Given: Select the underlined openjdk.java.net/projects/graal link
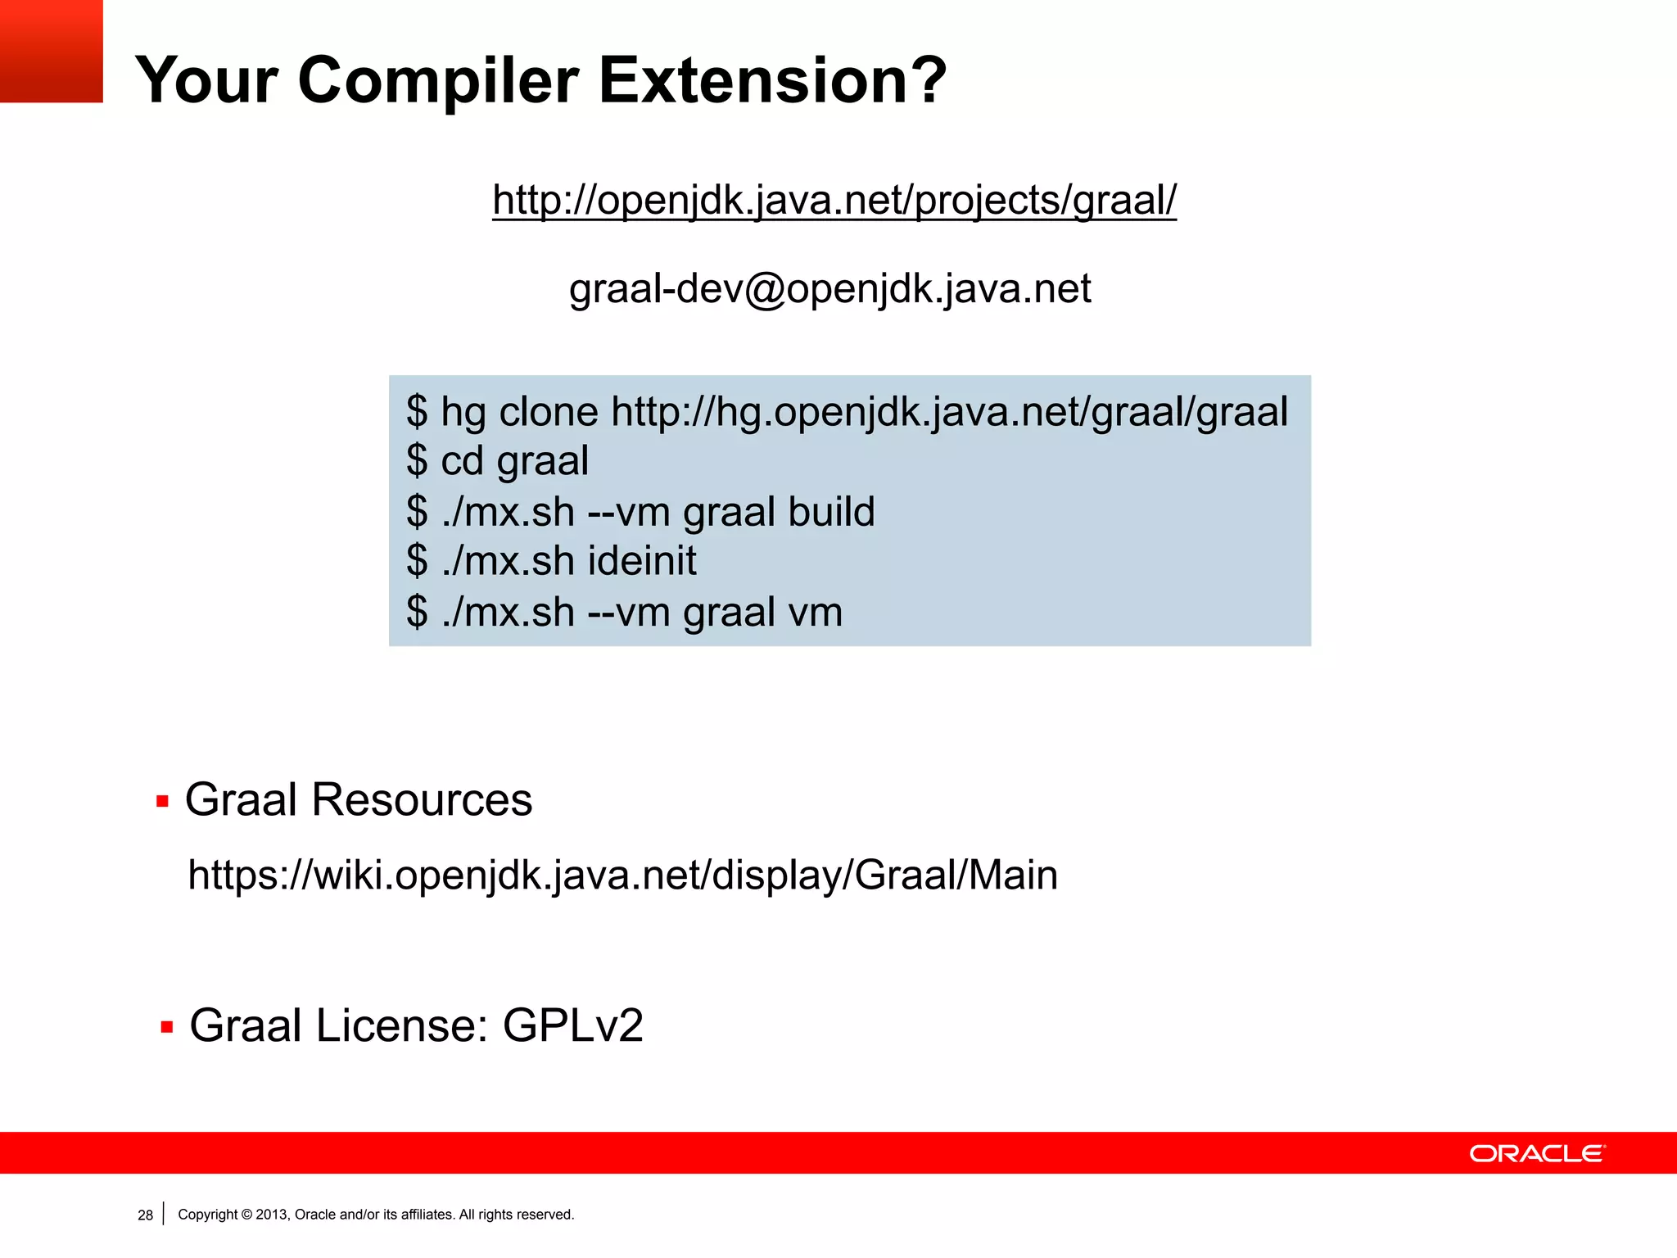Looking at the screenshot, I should pos(834,200).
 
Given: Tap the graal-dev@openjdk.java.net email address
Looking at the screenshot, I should pos(829,289).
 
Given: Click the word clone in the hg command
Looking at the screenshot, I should pos(549,411).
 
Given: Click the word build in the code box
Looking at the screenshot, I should pos(831,512).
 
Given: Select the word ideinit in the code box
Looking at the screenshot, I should pos(642,562).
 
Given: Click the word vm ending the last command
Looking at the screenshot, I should pos(815,613).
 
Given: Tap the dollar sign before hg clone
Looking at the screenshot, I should pos(417,411).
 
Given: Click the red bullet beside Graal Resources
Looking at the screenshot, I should pos(162,801).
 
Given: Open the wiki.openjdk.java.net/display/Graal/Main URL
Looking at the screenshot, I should pos(622,875).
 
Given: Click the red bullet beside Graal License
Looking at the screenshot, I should pos(167,1027).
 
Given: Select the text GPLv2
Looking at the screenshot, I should pos(572,1025).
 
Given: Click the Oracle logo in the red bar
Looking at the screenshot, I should pos(1537,1153).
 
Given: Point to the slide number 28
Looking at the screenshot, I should pos(145,1215).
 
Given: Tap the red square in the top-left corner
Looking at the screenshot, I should pos(51,51).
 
